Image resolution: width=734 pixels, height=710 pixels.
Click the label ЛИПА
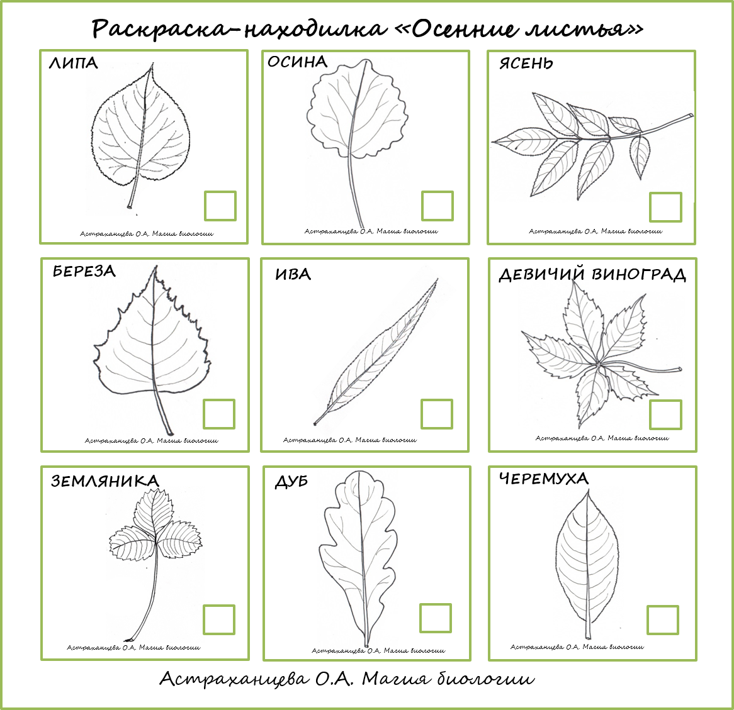tap(74, 63)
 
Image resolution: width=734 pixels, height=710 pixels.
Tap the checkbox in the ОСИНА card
tap(437, 206)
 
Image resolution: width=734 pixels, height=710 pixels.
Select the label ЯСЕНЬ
tap(526, 63)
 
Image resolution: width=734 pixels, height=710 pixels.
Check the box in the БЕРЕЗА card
tap(219, 414)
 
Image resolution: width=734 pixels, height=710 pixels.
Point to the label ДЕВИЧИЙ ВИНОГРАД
tap(592, 275)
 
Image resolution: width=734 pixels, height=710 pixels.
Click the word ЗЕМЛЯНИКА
tap(105, 481)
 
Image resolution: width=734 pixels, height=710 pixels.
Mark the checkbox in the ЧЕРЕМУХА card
tap(663, 620)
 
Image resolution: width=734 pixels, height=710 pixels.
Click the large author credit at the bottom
tap(347, 679)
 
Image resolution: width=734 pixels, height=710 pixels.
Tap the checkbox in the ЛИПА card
tap(220, 206)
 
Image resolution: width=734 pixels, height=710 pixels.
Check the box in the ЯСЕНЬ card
tap(665, 207)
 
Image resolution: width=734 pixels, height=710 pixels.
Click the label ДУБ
tap(291, 482)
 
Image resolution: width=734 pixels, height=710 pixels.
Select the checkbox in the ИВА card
tap(437, 414)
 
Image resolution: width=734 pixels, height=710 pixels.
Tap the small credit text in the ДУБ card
tap(378, 651)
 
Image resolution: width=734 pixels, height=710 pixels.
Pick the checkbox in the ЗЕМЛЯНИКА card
tap(219, 620)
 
